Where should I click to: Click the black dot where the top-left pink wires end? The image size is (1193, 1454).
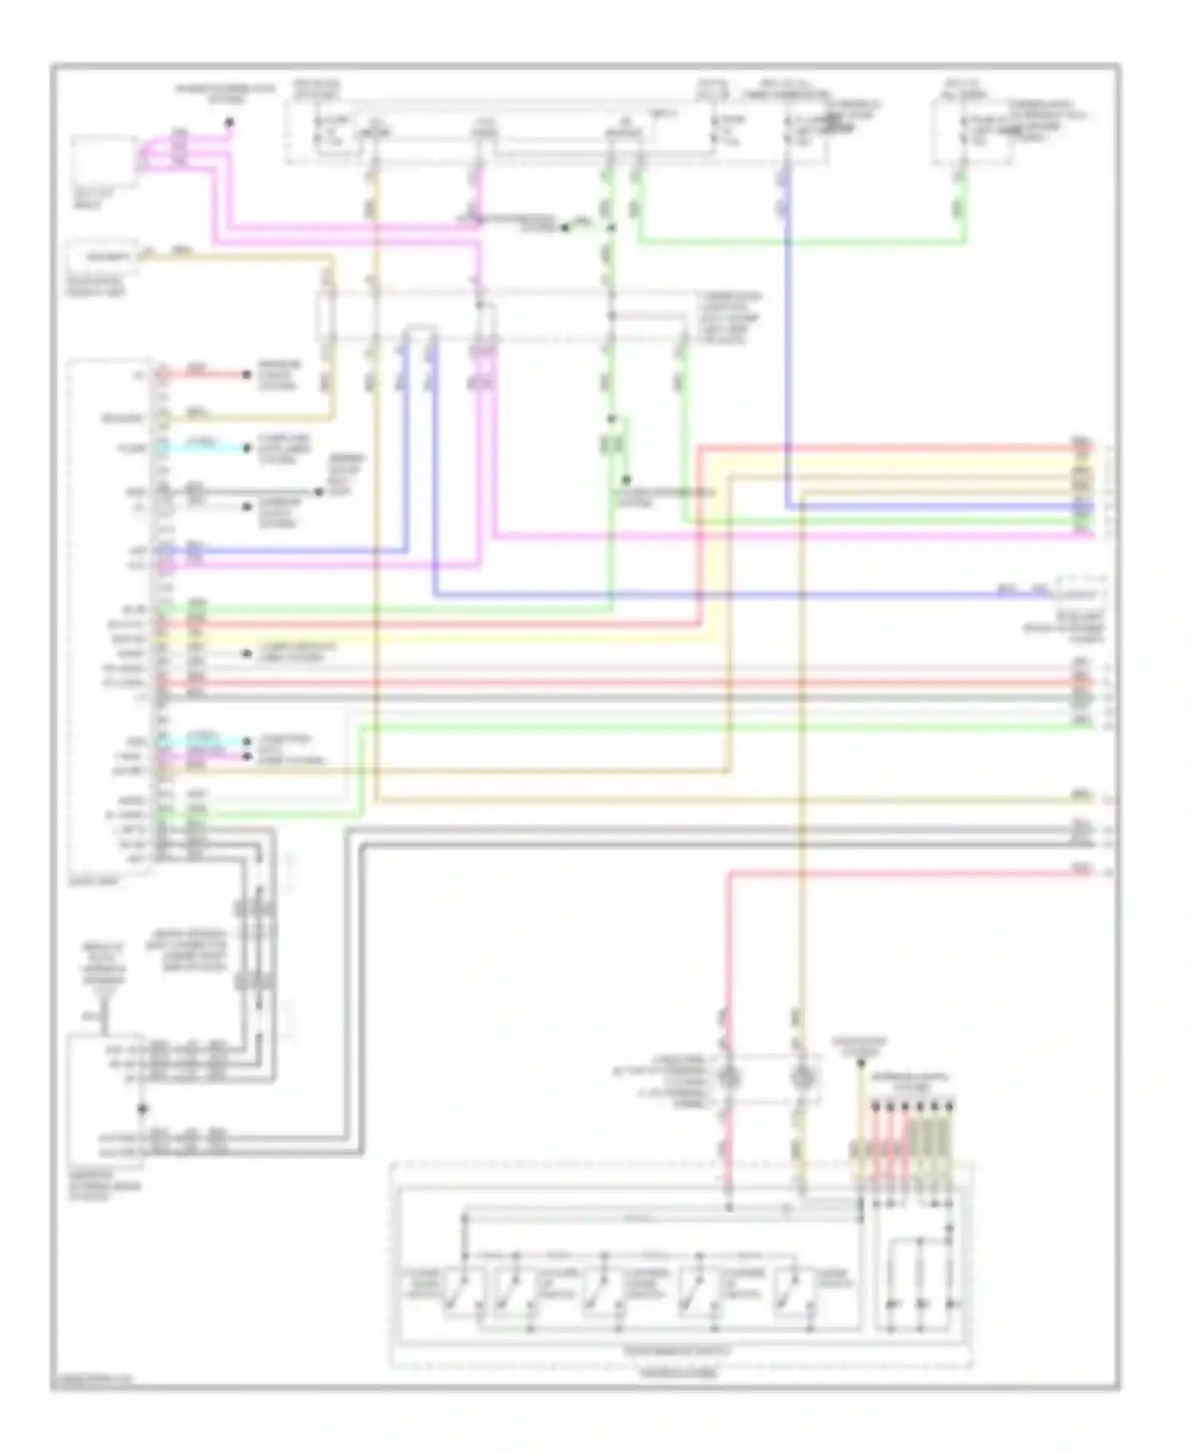(229, 122)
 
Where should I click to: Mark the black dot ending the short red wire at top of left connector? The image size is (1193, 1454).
(247, 374)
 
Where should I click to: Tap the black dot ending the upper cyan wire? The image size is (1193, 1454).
(247, 448)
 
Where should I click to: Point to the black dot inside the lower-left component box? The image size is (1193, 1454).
(142, 1108)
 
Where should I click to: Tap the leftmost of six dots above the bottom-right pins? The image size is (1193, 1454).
(876, 1106)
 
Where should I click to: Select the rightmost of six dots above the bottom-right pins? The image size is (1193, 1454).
(951, 1106)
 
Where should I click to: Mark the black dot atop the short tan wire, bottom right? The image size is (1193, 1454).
(860, 1062)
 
